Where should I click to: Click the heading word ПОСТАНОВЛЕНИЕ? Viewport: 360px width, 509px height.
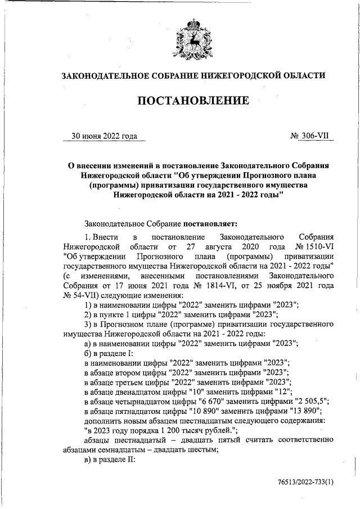[x=193, y=101]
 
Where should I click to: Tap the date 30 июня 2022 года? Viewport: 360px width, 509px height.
[x=104, y=136]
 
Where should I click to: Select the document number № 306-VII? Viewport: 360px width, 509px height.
[x=310, y=136]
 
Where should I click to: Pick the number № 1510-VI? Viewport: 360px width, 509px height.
[x=315, y=247]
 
